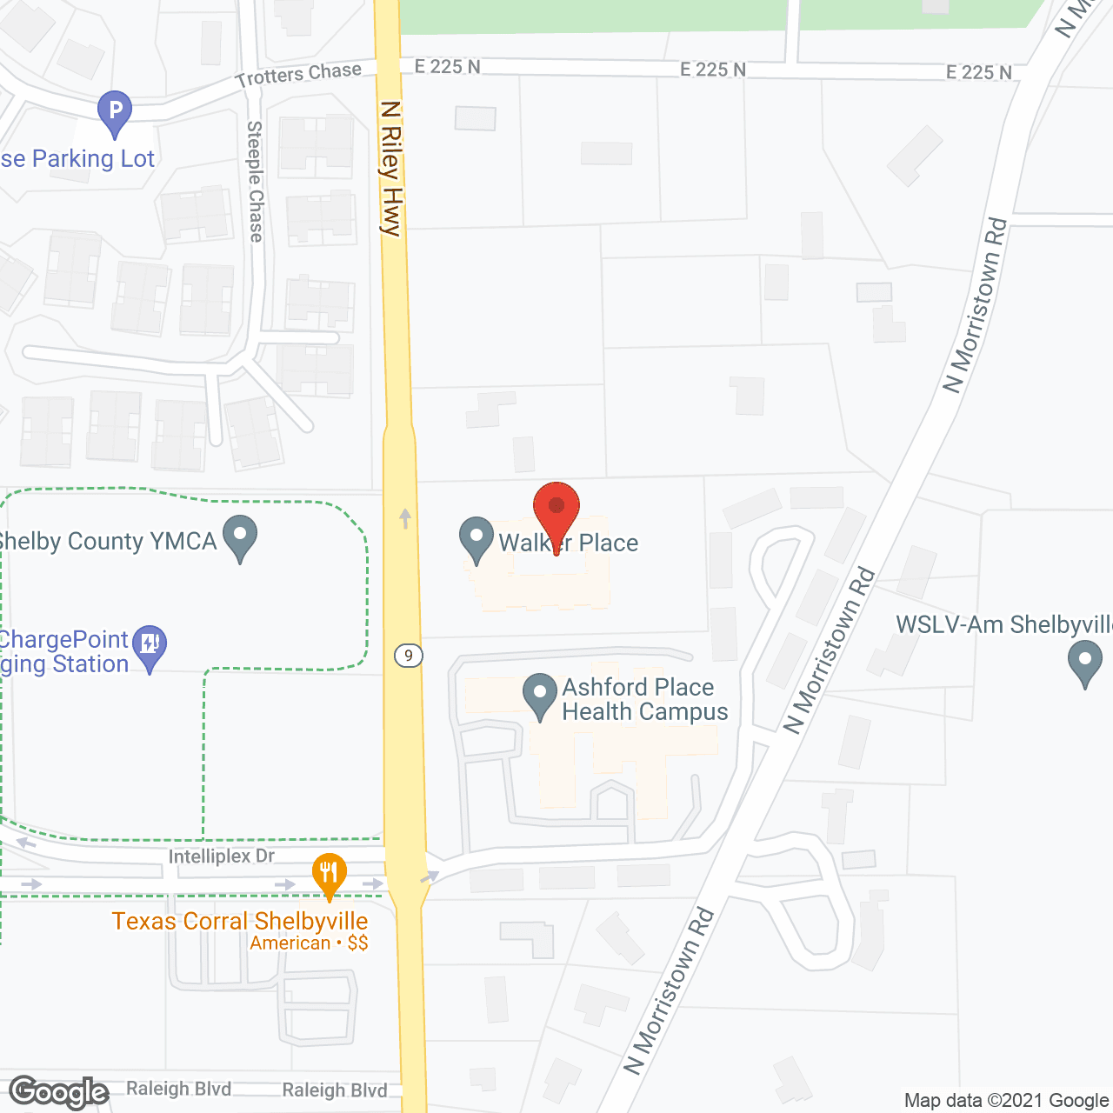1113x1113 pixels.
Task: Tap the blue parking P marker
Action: point(115,112)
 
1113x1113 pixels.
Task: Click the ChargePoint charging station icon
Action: point(150,646)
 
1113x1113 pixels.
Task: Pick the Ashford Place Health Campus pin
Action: point(540,696)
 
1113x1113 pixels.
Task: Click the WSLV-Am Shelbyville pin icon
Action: point(1084,662)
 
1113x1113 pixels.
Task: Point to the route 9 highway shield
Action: point(408,656)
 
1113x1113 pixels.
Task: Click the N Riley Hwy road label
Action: point(391,168)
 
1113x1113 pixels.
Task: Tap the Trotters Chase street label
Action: point(298,75)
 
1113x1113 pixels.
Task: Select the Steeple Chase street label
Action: point(256,181)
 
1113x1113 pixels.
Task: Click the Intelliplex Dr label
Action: point(222,856)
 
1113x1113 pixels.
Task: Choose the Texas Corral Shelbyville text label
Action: point(240,921)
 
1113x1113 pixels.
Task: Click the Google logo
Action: point(59,1092)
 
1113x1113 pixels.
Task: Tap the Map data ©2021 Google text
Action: point(1007,1101)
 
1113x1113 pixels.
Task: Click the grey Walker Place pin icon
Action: point(476,538)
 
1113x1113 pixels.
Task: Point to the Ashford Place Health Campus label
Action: point(645,699)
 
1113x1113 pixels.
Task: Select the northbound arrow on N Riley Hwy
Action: point(405,518)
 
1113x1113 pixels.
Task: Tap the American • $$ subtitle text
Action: point(309,943)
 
